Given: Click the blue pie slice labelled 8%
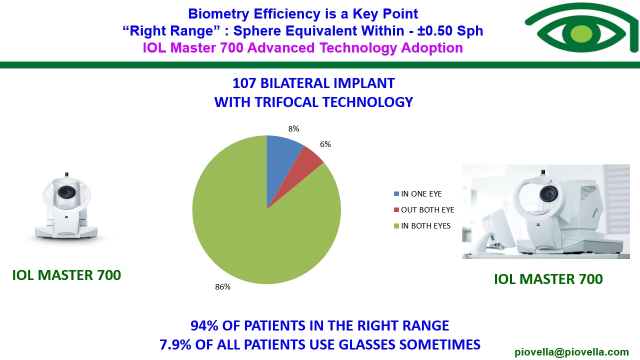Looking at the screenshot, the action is tap(281, 160).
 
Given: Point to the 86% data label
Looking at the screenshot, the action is tap(223, 286).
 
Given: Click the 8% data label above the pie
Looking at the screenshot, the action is tap(293, 129).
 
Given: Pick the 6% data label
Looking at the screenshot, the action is tap(325, 144).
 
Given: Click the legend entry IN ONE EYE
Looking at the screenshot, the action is tap(417, 193).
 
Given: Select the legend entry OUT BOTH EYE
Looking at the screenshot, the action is tap(424, 209).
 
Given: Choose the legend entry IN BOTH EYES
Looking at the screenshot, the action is tap(422, 225).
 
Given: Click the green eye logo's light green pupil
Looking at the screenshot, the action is tap(581, 33).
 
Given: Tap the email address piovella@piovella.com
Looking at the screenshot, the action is tap(571, 352).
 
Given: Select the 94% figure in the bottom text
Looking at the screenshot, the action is tap(204, 325).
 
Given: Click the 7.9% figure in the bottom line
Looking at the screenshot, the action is tap(175, 344).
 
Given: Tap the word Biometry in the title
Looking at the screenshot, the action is tap(218, 14).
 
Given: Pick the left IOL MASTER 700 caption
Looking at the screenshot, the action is tap(66, 275).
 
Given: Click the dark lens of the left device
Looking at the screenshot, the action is tap(66, 192).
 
